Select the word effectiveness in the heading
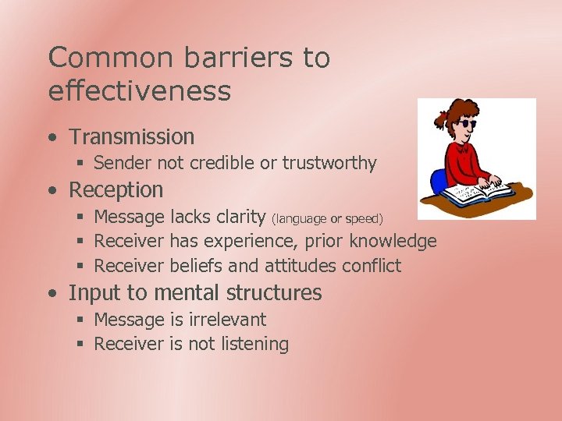click(x=140, y=91)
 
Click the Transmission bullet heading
click(x=131, y=137)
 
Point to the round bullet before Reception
click(x=52, y=190)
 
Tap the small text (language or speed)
click(x=327, y=218)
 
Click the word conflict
click(x=372, y=266)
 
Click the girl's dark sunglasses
click(x=468, y=124)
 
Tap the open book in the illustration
click(x=489, y=189)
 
